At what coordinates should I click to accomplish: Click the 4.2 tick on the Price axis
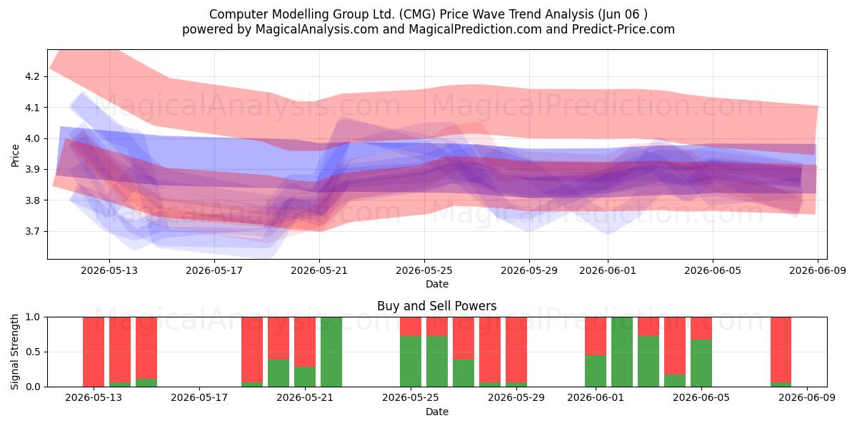click(x=32, y=76)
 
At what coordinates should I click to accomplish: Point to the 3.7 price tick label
click(x=32, y=231)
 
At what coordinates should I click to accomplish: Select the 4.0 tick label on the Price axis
click(x=32, y=138)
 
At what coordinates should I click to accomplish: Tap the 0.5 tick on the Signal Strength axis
click(x=32, y=352)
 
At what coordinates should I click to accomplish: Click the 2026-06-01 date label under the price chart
click(x=608, y=270)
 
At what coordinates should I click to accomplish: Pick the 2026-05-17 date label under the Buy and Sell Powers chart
click(x=199, y=397)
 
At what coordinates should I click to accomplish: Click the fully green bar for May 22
click(x=331, y=352)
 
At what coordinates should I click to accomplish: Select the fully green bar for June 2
click(x=622, y=352)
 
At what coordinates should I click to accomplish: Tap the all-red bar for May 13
click(x=94, y=352)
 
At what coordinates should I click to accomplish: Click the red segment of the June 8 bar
click(x=781, y=350)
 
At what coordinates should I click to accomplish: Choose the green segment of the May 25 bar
click(x=411, y=361)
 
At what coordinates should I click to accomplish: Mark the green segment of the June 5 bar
click(x=701, y=363)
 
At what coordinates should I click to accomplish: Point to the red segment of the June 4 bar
click(x=675, y=345)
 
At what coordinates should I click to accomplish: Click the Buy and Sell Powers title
click(x=437, y=306)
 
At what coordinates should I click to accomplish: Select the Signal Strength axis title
click(x=14, y=352)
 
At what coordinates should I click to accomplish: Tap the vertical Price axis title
click(x=15, y=156)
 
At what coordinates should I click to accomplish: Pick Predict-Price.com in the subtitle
click(x=623, y=29)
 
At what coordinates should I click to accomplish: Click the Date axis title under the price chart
click(x=437, y=284)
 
